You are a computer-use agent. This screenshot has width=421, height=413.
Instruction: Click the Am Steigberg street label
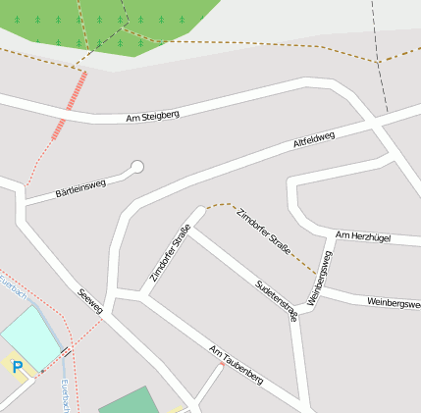[152, 117]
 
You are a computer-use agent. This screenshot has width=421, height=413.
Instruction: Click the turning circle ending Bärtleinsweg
[137, 167]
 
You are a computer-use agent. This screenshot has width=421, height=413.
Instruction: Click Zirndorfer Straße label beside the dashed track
[263, 232]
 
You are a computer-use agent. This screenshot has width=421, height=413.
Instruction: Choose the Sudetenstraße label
[276, 299]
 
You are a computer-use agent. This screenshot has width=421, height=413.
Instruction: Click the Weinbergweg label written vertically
[320, 279]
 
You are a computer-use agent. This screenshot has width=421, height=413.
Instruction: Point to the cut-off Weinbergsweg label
[393, 303]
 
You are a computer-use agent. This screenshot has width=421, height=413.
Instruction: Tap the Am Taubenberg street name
[236, 364]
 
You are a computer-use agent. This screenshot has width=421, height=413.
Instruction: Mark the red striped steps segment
[70, 107]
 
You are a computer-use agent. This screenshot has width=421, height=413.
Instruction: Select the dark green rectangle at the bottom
[128, 400]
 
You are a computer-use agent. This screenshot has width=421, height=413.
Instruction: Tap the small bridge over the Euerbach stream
[66, 350]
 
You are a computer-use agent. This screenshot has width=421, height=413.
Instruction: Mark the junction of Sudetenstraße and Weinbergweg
[298, 319]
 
